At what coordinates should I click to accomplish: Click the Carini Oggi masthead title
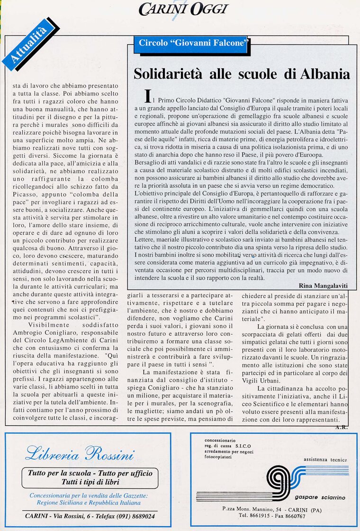pyautogui.click(x=184, y=9)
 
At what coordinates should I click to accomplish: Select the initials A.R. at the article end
pyautogui.click(x=341, y=427)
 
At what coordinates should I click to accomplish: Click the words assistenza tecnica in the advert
pyautogui.click(x=325, y=459)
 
